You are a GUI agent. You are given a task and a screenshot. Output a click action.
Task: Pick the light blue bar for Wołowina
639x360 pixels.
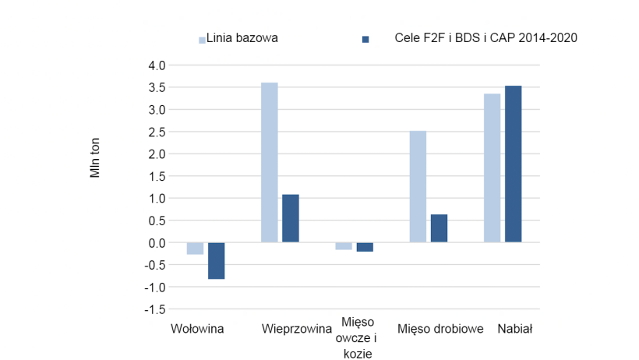(x=195, y=249)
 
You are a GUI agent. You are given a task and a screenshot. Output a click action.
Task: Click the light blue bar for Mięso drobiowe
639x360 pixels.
(x=418, y=186)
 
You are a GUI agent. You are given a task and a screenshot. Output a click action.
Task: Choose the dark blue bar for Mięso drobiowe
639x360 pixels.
(x=439, y=228)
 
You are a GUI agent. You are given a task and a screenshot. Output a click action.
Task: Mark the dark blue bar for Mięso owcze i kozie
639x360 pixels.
(x=365, y=247)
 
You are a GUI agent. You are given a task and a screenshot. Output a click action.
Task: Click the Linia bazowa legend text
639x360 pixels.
(x=242, y=37)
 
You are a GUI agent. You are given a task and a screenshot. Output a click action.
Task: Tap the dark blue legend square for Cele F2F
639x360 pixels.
(x=365, y=39)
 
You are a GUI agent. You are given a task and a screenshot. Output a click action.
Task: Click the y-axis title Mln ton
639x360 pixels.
(x=95, y=159)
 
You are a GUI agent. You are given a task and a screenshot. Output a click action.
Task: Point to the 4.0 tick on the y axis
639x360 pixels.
(x=156, y=65)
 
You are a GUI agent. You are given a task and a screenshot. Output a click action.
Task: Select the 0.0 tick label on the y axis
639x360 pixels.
(x=156, y=243)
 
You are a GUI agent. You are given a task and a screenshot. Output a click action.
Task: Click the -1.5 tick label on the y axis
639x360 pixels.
(x=154, y=309)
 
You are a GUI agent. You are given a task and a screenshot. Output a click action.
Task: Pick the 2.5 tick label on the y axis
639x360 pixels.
(x=156, y=132)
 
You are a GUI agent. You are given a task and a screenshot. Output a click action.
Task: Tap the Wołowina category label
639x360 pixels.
(x=198, y=329)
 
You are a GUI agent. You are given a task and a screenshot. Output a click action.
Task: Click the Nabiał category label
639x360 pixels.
(x=514, y=329)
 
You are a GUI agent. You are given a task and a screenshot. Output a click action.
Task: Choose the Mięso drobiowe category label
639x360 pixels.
(x=441, y=329)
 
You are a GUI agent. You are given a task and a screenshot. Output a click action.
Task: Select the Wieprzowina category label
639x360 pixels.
(x=297, y=329)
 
